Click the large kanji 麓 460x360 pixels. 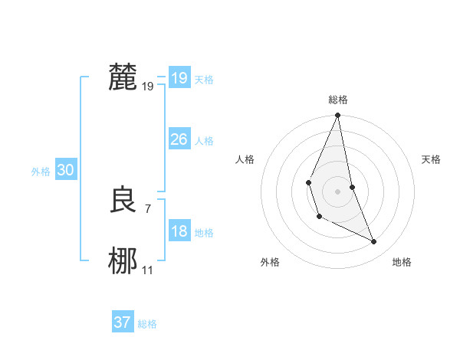(x=123, y=77)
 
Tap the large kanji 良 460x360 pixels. (x=123, y=201)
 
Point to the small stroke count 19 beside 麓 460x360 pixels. (x=148, y=87)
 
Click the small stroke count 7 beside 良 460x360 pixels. (x=147, y=209)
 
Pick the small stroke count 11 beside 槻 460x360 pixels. (x=148, y=270)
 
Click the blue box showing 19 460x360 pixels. (x=179, y=78)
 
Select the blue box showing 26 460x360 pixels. (x=179, y=139)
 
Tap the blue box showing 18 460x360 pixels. (x=179, y=231)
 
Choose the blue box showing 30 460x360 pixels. (x=65, y=171)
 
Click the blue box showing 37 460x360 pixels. (x=122, y=322)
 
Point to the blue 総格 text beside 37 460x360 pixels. (x=147, y=324)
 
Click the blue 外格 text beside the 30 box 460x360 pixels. (x=41, y=172)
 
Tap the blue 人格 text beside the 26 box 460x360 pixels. (x=204, y=141)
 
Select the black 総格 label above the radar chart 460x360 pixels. (x=337, y=100)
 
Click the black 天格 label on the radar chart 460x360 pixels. (x=431, y=159)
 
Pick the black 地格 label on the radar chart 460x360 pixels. (x=402, y=262)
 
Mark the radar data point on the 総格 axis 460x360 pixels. (x=337, y=116)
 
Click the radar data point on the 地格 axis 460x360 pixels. (x=374, y=241)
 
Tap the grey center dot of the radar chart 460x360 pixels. (x=337, y=191)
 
